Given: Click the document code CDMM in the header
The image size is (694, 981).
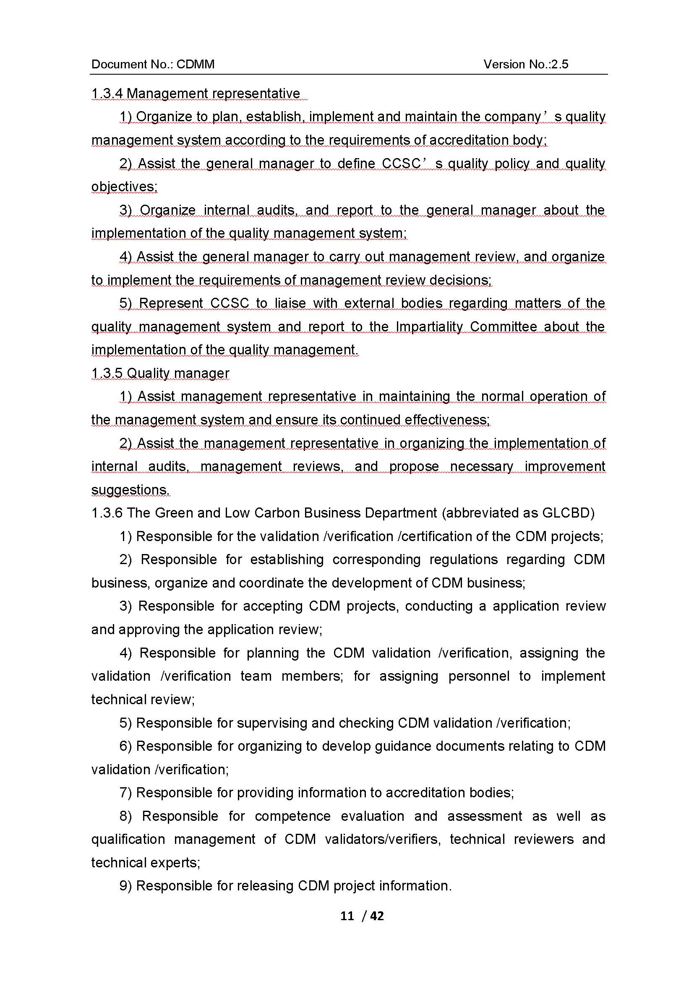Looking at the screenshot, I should (195, 64).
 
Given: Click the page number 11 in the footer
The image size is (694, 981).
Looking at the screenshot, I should (347, 916).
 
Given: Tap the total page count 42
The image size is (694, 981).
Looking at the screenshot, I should (377, 916).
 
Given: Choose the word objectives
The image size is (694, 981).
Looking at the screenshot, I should (124, 187).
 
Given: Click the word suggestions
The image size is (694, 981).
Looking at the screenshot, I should (130, 489).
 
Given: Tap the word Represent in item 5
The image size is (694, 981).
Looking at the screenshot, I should (171, 303).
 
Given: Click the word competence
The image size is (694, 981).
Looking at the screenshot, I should (293, 816).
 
